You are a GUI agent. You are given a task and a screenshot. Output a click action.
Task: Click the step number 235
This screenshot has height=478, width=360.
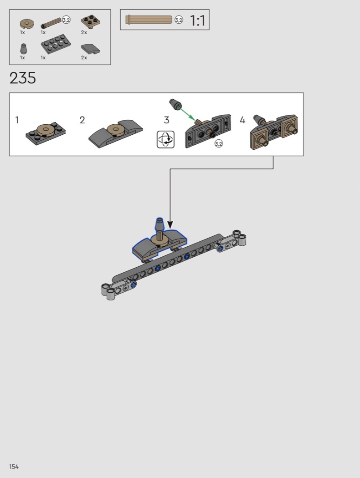coord(23,78)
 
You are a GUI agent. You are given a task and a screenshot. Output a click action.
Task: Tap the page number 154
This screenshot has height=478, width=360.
coord(14,467)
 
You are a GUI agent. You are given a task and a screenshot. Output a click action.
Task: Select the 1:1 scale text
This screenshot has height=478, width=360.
coord(197,20)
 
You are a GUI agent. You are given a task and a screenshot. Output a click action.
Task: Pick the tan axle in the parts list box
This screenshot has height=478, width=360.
coord(51,23)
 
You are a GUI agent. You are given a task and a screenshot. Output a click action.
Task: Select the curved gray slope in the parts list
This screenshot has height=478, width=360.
coord(91,49)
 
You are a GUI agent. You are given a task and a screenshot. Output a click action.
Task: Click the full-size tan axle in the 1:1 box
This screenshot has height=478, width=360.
coord(149,20)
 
